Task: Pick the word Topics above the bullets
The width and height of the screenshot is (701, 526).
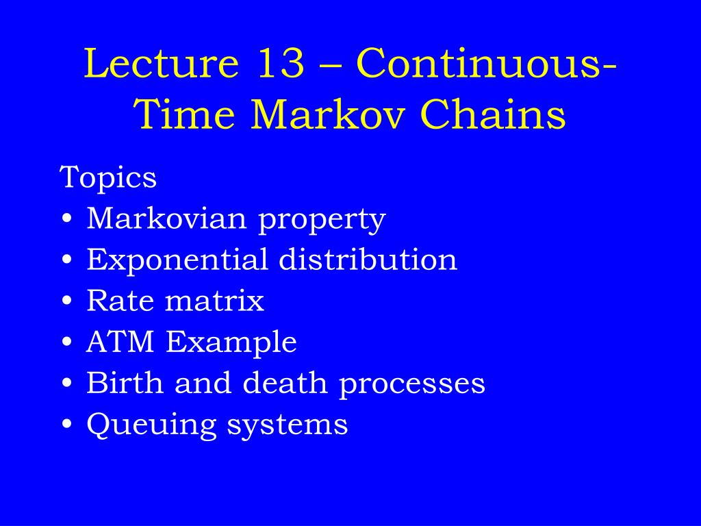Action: [x=107, y=178]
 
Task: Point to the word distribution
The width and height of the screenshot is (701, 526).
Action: [x=368, y=259]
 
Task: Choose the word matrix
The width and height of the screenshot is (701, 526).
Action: [x=214, y=301]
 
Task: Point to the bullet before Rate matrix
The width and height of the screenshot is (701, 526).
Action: [x=67, y=301]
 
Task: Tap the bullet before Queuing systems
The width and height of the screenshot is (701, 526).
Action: [x=67, y=424]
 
